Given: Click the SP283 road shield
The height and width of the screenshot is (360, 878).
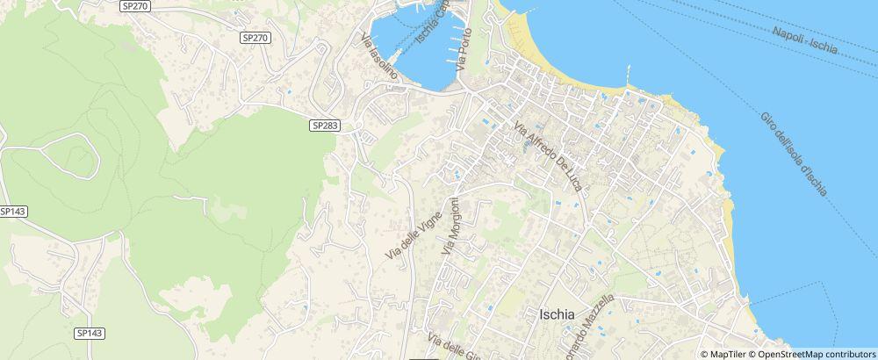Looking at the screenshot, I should [324, 126].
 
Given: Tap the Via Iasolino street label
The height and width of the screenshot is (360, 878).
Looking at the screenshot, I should [379, 57].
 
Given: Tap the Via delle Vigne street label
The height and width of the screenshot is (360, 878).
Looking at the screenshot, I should [410, 227].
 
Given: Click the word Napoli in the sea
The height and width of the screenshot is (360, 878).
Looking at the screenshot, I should [788, 33].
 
